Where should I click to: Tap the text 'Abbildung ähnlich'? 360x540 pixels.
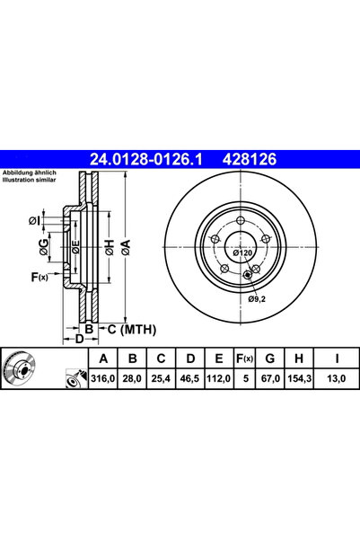[x=30, y=172]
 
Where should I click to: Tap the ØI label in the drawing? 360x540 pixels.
[x=33, y=219]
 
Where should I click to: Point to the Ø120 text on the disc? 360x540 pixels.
[x=241, y=254]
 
